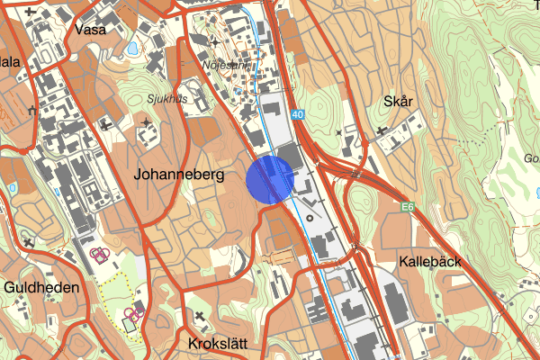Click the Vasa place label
(x=91, y=29)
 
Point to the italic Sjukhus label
(x=168, y=99)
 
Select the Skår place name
(x=397, y=102)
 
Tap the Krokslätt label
(x=218, y=343)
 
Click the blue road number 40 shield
(x=298, y=114)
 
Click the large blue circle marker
(x=270, y=179)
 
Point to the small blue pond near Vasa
(x=134, y=48)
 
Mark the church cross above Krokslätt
(x=199, y=316)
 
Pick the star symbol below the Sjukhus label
(x=147, y=121)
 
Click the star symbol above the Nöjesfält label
(x=214, y=42)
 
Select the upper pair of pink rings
(x=101, y=255)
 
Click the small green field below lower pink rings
(x=130, y=326)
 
